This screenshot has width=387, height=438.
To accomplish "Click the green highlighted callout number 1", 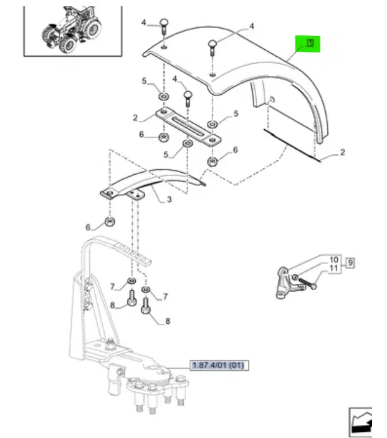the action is [310, 43].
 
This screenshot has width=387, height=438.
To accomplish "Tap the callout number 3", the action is [169, 200].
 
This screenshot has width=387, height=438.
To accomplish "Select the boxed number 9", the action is [350, 263].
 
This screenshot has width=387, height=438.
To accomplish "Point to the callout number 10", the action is [333, 260].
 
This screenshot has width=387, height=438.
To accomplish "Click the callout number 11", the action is [333, 268].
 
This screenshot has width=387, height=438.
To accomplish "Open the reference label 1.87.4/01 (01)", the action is [219, 365].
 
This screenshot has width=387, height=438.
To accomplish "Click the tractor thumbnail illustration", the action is [72, 30].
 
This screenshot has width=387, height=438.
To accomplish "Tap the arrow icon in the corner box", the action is [361, 423].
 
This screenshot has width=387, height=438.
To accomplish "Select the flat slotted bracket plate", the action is [188, 127].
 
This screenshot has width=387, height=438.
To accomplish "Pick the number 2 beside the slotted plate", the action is [135, 118].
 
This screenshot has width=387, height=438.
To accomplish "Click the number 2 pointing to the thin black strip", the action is [342, 152].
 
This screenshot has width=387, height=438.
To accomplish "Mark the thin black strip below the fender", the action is [292, 145].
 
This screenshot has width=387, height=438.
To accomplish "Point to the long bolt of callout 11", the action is [307, 283].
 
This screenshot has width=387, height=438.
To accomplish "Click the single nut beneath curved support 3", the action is [110, 221].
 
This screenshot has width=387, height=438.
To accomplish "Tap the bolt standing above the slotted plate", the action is [188, 99].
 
